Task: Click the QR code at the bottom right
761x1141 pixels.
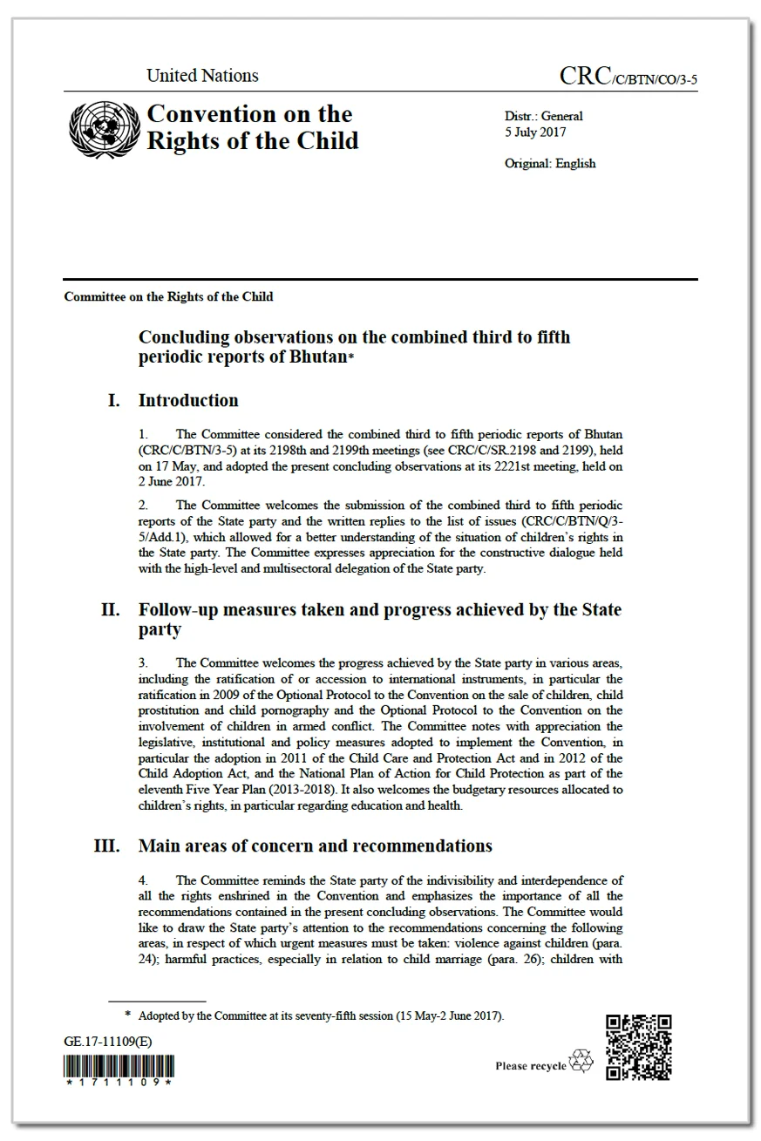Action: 638,1047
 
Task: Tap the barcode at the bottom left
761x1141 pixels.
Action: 119,1066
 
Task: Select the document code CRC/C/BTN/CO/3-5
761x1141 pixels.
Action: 628,78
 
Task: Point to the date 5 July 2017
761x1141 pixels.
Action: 535,132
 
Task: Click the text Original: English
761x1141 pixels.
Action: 550,163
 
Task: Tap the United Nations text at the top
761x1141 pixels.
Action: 202,76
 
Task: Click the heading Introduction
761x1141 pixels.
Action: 188,401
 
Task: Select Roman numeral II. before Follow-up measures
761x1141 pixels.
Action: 110,609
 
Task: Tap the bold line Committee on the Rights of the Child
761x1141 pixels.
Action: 168,296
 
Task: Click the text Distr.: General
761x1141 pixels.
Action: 543,116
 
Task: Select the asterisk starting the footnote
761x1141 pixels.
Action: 128,1015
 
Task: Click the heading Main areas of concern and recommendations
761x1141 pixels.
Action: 315,846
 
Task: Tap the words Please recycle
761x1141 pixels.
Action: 530,1066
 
